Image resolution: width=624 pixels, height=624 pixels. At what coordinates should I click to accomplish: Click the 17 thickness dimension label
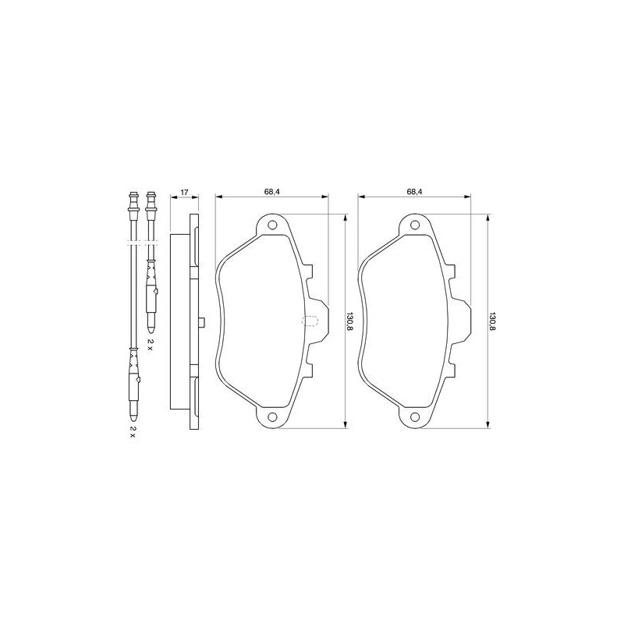coord(184,192)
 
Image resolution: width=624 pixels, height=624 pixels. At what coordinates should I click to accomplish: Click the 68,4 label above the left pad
coord(272,191)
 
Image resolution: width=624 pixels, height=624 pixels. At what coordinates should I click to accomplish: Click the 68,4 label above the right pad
coord(414,191)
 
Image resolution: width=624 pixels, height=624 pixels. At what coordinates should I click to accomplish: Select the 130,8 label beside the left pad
coord(349,321)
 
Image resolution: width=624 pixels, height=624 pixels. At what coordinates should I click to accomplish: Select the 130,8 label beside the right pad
coord(492,321)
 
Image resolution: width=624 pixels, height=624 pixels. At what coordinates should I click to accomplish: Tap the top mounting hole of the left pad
coord(272,225)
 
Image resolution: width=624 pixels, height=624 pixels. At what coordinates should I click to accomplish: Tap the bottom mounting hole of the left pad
coord(272,417)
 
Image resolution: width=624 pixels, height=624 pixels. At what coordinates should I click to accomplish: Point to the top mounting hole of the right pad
coord(415,225)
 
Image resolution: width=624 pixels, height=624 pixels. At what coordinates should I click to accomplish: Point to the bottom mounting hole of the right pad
coord(415,417)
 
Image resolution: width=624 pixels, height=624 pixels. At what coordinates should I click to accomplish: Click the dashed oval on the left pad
coord(310,321)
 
